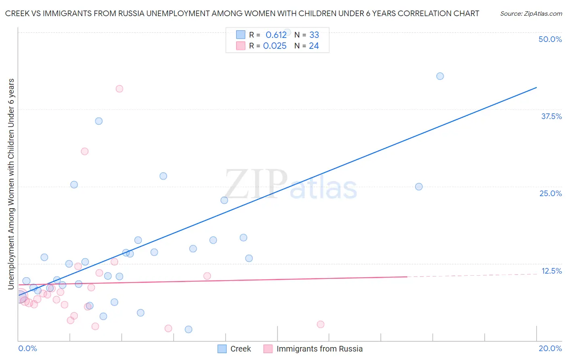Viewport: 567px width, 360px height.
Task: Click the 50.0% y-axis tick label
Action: pyautogui.click(x=550, y=39)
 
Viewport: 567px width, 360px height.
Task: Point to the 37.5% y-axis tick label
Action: pyautogui.click(x=551, y=116)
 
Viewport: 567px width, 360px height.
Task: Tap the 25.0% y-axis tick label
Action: pyautogui.click(x=550, y=193)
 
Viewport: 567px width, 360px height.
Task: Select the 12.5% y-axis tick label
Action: pyautogui.click(x=551, y=271)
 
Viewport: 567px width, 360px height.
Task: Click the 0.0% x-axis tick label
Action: pyautogui.click(x=27, y=348)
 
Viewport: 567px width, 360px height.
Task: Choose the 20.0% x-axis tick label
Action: pyautogui.click(x=550, y=348)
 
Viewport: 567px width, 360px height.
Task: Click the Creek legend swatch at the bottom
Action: pyautogui.click(x=222, y=349)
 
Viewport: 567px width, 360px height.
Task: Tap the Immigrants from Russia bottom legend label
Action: pyautogui.click(x=319, y=349)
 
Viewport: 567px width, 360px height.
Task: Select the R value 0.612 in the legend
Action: pyautogui.click(x=276, y=35)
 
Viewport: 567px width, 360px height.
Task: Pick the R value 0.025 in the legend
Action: pyautogui.click(x=275, y=46)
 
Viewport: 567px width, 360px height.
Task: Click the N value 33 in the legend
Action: pyautogui.click(x=314, y=35)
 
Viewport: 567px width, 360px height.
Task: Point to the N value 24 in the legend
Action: pyautogui.click(x=314, y=46)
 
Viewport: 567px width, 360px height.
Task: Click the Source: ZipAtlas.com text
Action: pyautogui.click(x=531, y=14)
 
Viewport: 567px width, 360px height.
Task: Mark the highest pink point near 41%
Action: pyautogui.click(x=119, y=89)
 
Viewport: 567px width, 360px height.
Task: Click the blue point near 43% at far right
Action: pyautogui.click(x=440, y=76)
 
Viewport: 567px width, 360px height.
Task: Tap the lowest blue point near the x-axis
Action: pyautogui.click(x=188, y=329)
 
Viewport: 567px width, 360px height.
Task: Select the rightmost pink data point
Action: pyautogui.click(x=321, y=324)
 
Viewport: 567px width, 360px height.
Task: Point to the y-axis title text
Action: pyautogui.click(x=11, y=184)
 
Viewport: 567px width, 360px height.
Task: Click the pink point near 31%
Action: pyautogui.click(x=85, y=151)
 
